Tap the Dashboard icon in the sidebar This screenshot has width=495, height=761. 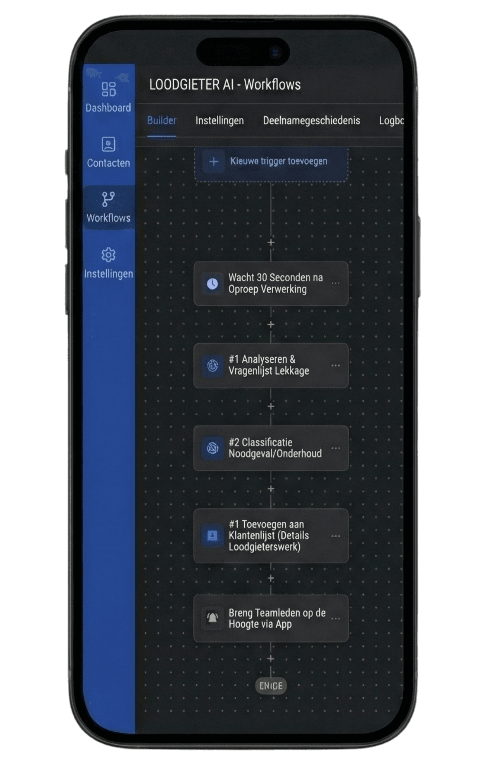pos(109,89)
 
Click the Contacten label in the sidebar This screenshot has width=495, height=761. pos(109,163)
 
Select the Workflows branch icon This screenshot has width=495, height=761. pos(108,199)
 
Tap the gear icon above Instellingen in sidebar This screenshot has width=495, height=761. pos(109,255)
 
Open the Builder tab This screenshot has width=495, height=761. pos(162,120)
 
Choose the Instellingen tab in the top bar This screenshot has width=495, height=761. pos(220,120)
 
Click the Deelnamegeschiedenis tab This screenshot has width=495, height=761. pos(311,120)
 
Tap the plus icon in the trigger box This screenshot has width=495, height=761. pos(214,162)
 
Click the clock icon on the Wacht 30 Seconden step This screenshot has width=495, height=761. pos(212,284)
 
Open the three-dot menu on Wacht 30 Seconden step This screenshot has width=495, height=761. pos(335,283)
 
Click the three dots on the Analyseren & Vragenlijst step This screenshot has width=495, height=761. pos(335,366)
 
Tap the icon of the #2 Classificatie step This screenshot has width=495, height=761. pos(212,448)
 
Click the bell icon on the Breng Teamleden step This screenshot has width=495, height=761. pos(212,618)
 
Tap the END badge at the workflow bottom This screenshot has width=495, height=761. pos(271,686)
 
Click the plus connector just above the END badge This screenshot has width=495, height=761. pos(271,658)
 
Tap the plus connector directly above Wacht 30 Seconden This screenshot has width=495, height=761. pos(271,242)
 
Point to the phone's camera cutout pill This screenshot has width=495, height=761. pos(242,52)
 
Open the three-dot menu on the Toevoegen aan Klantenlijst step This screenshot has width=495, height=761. pos(335,536)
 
